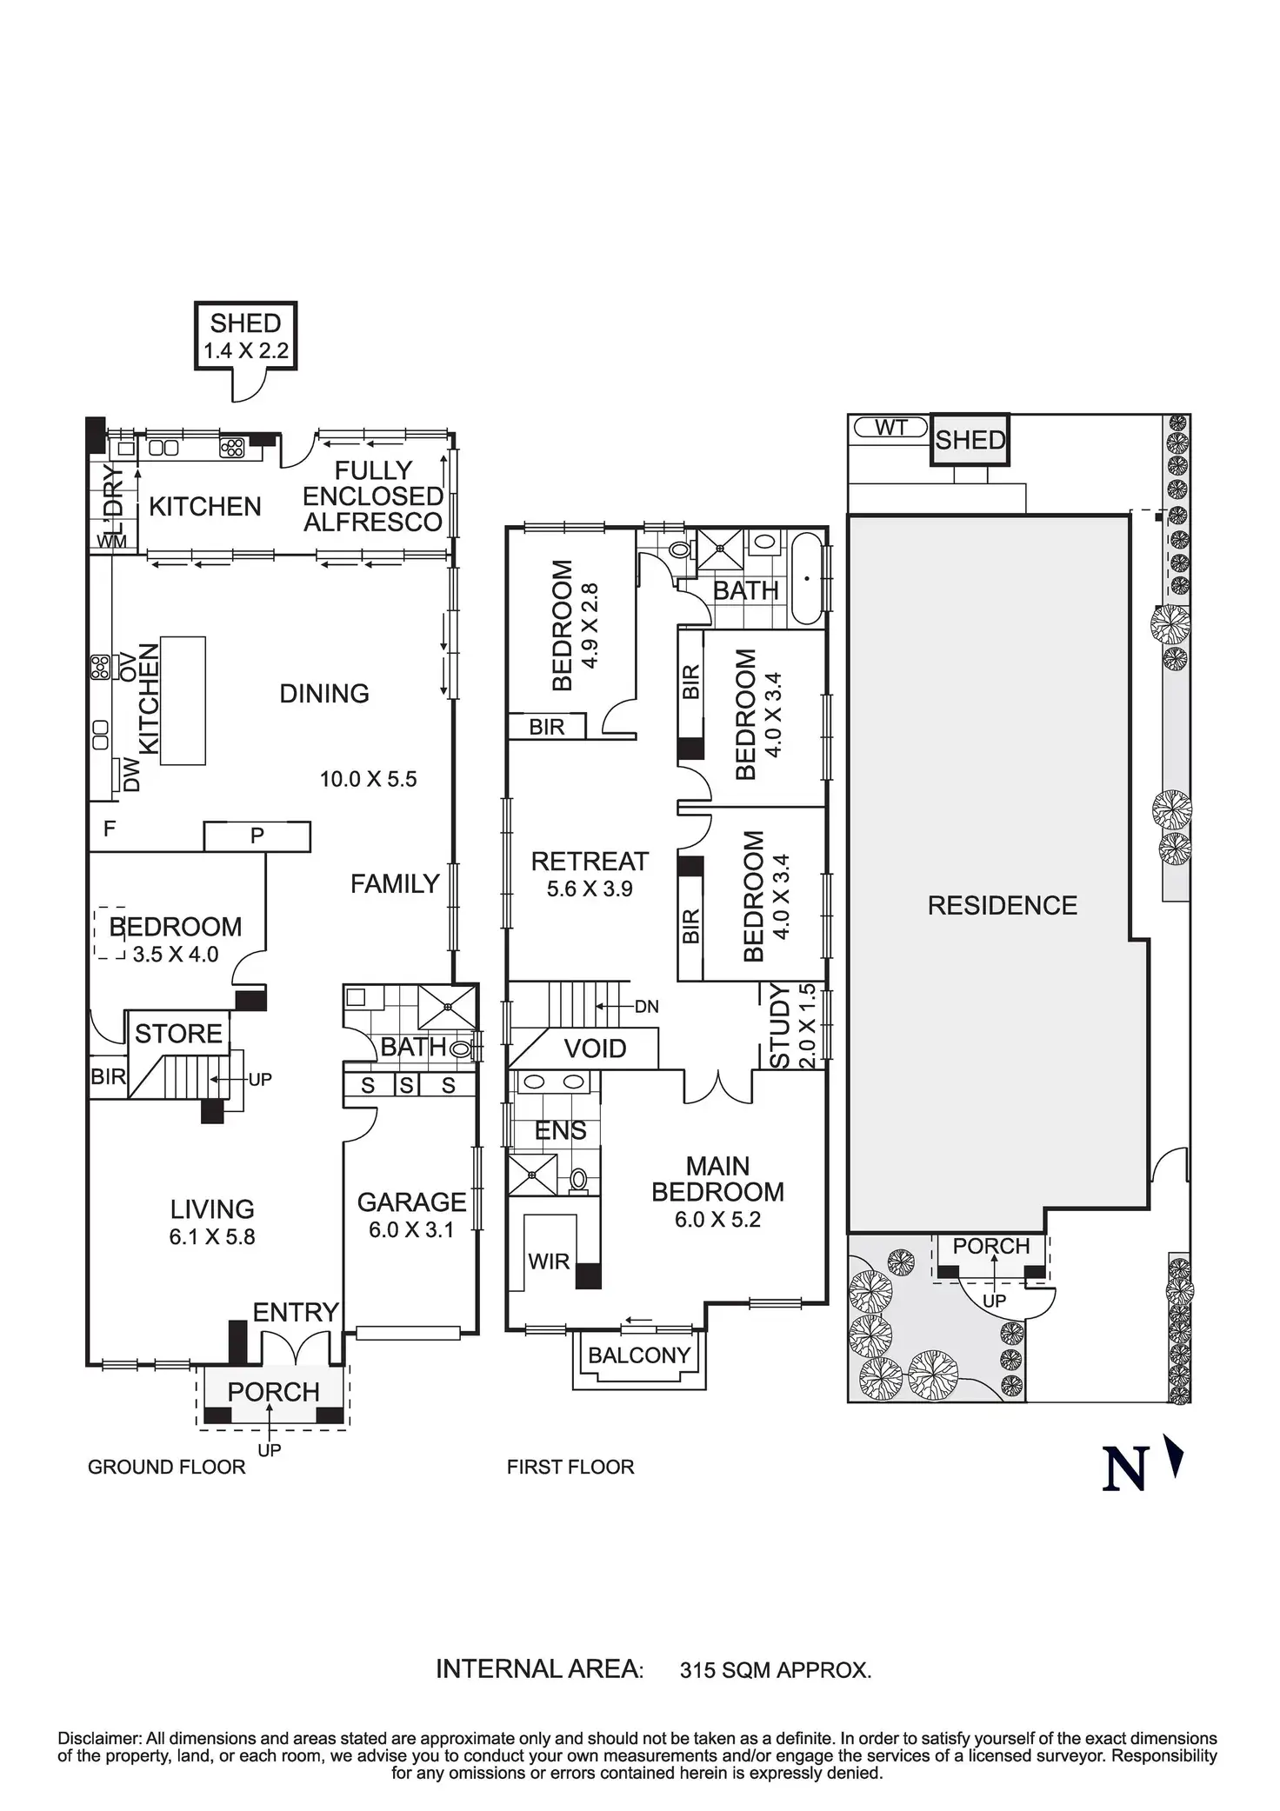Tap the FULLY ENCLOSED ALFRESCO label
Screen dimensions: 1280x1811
[373, 496]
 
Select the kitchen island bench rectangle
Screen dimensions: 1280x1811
[183, 701]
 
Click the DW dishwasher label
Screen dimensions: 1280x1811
[131, 774]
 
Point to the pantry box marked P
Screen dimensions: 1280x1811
[257, 836]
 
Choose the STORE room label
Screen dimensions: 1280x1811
[178, 1034]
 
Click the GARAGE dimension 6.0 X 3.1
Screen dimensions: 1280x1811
[411, 1230]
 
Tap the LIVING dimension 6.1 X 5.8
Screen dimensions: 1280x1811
[212, 1237]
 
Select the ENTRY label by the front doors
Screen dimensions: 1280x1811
[296, 1312]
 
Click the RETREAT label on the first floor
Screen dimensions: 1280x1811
[590, 862]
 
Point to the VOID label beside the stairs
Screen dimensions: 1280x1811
[595, 1049]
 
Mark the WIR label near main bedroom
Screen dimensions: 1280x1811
[549, 1262]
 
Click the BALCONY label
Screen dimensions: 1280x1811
[639, 1355]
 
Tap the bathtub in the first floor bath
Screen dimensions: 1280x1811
[808, 578]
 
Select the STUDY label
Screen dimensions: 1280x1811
[780, 1026]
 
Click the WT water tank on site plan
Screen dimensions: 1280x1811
[891, 428]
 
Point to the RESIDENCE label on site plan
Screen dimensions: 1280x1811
[1002, 906]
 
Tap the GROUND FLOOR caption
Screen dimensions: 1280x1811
[167, 1468]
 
